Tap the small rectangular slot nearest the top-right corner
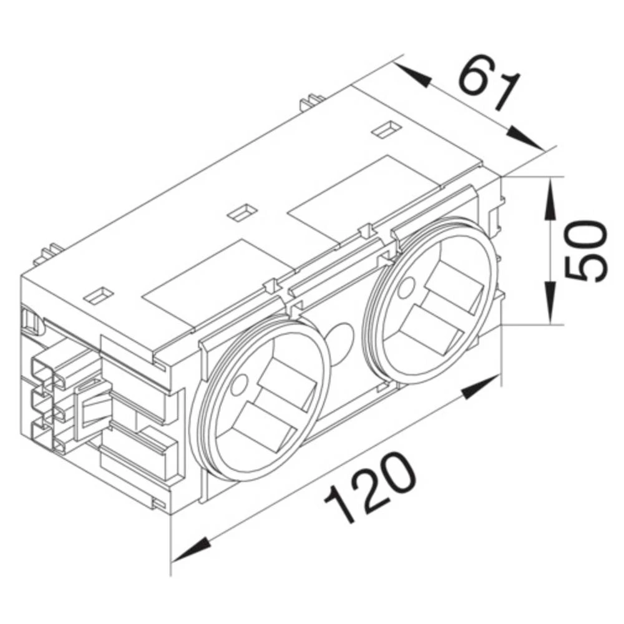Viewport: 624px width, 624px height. click(x=382, y=130)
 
